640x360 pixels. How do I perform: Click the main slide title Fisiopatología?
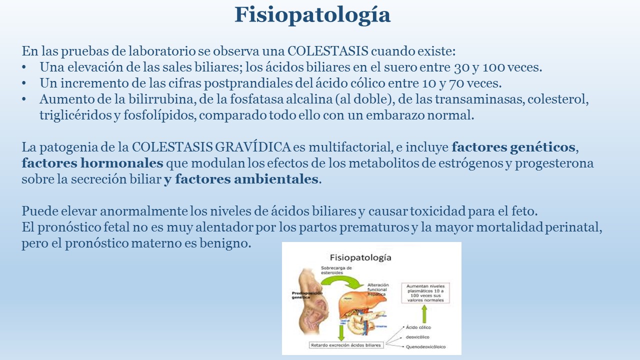(x=312, y=15)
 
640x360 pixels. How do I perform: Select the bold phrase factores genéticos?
(x=513, y=147)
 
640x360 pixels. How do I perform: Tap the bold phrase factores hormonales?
(x=92, y=163)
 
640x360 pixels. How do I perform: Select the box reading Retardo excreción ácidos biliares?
(x=345, y=345)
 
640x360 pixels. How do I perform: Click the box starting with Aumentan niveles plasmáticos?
(x=425, y=291)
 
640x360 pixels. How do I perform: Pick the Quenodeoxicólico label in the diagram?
(x=426, y=346)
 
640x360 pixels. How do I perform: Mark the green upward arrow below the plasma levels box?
(x=424, y=313)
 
